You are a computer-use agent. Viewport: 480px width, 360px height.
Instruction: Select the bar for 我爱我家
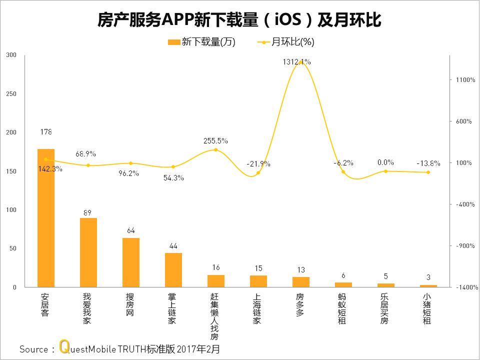(x=88, y=252)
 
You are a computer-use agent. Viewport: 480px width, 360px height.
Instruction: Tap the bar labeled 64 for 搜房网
(x=131, y=262)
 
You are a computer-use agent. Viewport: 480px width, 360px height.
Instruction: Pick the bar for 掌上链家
(x=173, y=270)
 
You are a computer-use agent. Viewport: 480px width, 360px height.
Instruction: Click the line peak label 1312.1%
(x=296, y=62)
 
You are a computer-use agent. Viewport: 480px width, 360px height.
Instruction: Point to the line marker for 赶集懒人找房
(x=216, y=149)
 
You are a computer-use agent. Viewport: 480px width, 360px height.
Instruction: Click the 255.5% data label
(x=215, y=141)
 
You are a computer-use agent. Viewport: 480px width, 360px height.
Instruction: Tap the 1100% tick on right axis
(x=465, y=79)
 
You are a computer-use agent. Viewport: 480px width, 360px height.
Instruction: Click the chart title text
(x=239, y=19)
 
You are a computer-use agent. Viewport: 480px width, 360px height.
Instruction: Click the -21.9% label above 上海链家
(x=258, y=163)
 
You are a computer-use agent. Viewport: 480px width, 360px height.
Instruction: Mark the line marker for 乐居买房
(x=385, y=171)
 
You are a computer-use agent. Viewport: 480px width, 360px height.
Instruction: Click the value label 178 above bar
(x=45, y=132)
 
